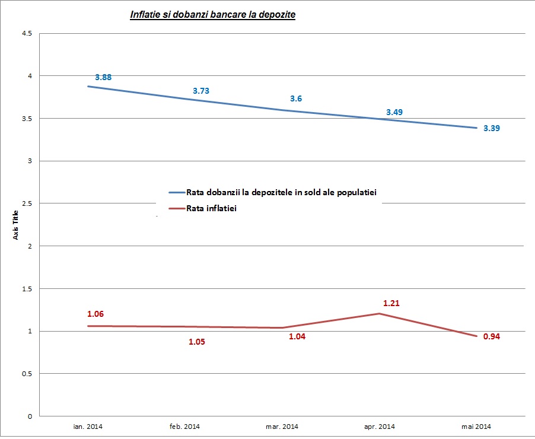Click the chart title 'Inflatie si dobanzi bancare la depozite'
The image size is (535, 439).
tap(212, 14)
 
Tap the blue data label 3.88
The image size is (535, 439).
tap(103, 77)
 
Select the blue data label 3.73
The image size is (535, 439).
tap(201, 91)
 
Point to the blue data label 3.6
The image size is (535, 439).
tap(296, 98)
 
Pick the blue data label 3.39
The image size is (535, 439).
tap(492, 128)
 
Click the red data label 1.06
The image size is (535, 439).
tap(95, 314)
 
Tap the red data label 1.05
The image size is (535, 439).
tap(197, 342)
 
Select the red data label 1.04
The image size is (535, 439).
tap(297, 336)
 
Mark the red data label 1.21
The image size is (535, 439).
tap(391, 303)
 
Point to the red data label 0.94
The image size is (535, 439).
tap(492, 336)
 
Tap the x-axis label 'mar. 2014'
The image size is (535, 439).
tap(281, 427)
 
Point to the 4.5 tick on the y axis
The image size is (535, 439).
tap(27, 33)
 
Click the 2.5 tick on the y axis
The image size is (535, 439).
tap(27, 203)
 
